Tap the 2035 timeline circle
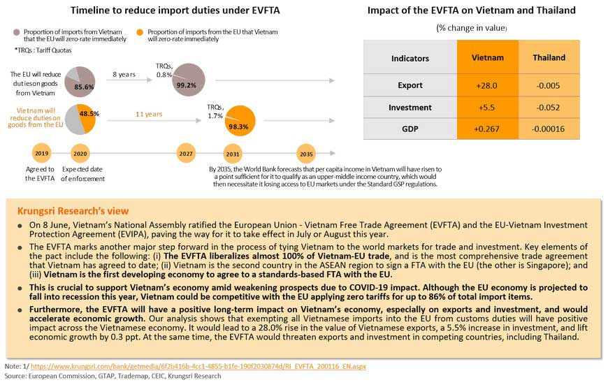click(x=305, y=153)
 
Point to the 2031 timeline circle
click(x=233, y=153)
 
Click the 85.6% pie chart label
click(x=84, y=87)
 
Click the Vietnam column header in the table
click(x=488, y=58)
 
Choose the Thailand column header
click(x=549, y=58)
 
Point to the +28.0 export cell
click(x=488, y=85)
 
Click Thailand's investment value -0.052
click(x=549, y=108)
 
